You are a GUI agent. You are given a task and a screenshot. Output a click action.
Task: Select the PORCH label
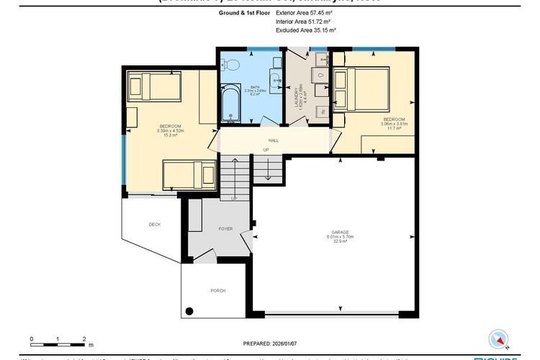[x=217, y=290]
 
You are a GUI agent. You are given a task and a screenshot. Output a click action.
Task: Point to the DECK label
[x=154, y=225]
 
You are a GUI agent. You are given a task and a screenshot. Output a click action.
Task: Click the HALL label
[x=274, y=140]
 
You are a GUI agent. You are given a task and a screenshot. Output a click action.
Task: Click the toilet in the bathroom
[x=231, y=65]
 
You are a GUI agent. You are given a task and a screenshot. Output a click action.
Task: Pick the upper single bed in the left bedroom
[x=153, y=87]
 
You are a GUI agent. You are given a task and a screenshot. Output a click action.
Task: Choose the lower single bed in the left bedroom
[x=188, y=174]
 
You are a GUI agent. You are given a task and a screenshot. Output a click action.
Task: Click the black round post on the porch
[x=189, y=311]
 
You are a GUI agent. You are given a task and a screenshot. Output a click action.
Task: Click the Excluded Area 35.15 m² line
[x=306, y=30]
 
